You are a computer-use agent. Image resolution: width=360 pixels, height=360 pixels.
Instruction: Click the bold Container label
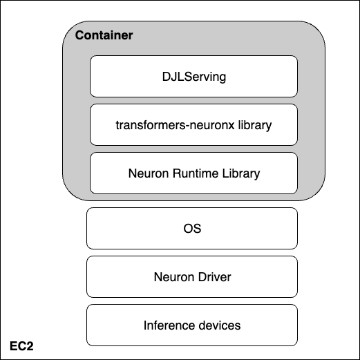tap(104, 35)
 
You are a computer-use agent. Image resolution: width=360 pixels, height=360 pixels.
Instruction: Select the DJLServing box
tap(193, 76)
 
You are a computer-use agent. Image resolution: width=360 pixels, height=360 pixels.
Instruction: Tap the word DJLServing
tap(194, 77)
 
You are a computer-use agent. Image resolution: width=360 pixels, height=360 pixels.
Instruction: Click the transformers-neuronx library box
tap(193, 124)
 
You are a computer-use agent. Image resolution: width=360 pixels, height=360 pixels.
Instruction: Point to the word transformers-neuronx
tap(175, 125)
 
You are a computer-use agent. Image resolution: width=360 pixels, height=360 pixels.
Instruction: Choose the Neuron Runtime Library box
tap(193, 173)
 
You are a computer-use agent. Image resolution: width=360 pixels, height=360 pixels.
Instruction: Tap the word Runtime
tap(196, 173)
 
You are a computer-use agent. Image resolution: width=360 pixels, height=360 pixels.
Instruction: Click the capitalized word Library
tap(241, 174)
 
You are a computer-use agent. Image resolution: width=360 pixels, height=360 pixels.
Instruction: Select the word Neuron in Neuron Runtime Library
tap(149, 173)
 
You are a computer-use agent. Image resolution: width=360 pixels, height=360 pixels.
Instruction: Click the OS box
tap(192, 228)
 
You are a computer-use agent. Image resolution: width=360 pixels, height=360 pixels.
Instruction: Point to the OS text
tap(192, 229)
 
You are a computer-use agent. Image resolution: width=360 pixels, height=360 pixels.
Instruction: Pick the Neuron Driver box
tap(192, 276)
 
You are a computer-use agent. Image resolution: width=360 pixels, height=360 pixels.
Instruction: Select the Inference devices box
tap(192, 325)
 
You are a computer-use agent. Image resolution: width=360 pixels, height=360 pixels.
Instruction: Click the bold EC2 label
tap(21, 346)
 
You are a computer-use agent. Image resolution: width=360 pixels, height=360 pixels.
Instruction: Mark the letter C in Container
tap(79, 35)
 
